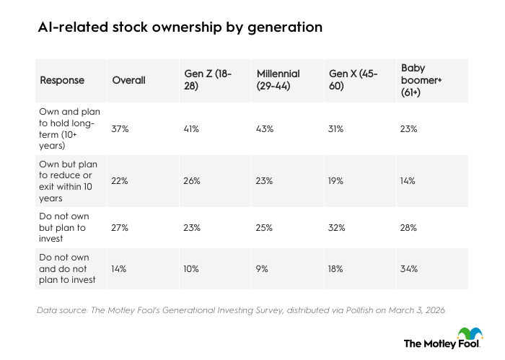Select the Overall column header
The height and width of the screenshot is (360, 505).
pyautogui.click(x=128, y=80)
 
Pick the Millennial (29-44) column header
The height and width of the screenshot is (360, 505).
pyautogui.click(x=278, y=80)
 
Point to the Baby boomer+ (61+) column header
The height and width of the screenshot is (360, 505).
pyautogui.click(x=422, y=80)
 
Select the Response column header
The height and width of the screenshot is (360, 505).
pyautogui.click(x=61, y=80)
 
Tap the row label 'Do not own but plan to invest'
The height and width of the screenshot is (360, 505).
pyautogui.click(x=66, y=227)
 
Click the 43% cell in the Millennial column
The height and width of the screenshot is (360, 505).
pyautogui.click(x=265, y=128)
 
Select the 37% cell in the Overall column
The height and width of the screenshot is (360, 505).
pyautogui.click(x=120, y=128)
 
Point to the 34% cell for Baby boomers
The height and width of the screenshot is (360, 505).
pyautogui.click(x=408, y=268)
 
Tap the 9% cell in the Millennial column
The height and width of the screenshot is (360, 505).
pyautogui.click(x=263, y=268)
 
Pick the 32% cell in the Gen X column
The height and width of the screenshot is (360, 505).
pyautogui.click(x=337, y=227)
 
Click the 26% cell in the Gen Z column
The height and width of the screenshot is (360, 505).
pyautogui.click(x=193, y=181)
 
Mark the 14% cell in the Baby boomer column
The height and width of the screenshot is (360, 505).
pyautogui.click(x=408, y=181)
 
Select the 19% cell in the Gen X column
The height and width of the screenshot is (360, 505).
pyautogui.click(x=336, y=181)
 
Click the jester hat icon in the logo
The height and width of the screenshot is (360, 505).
pyautogui.click(x=473, y=334)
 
